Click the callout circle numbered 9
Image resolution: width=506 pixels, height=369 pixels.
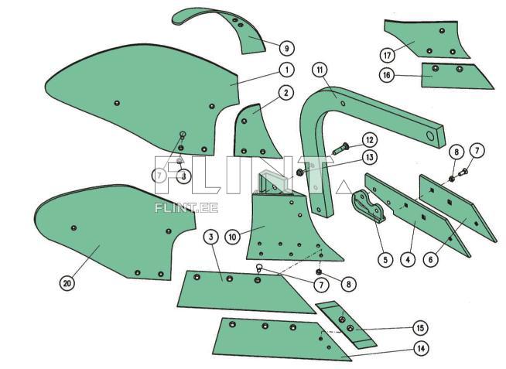point(286,49)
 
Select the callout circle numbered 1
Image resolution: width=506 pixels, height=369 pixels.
point(286,70)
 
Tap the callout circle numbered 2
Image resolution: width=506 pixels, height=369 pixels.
point(286,94)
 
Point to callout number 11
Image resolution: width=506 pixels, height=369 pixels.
point(320,70)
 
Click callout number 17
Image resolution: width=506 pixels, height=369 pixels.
point(388,56)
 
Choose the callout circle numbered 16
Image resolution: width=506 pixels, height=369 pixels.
point(387,76)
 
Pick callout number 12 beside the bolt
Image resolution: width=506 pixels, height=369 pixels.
point(370,140)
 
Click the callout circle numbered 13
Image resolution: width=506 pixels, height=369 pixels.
point(370,157)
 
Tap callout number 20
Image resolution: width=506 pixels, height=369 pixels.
point(67,284)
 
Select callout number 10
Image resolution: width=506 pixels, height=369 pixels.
point(232,237)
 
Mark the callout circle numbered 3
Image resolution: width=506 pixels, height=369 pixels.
point(211,237)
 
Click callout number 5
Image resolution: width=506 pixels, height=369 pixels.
point(385,259)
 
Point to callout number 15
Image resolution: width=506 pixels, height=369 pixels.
point(420,328)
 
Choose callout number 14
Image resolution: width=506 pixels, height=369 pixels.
point(421,348)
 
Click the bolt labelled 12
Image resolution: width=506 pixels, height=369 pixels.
point(340,149)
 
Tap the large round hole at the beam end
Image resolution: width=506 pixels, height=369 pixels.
point(430,136)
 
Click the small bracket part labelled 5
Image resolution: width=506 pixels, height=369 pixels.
point(368,206)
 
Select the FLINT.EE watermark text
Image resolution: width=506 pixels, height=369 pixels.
point(186,208)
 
